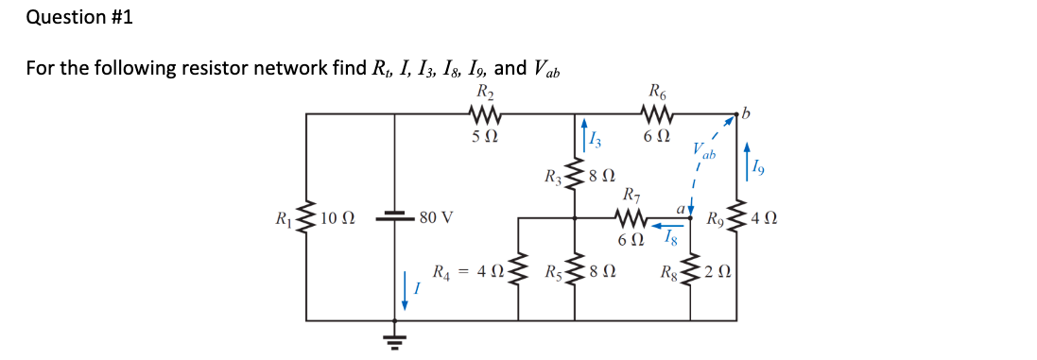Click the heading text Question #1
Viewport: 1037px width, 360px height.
coord(65,17)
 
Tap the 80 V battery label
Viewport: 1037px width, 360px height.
coord(435,218)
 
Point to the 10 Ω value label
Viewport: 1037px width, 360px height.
coord(337,218)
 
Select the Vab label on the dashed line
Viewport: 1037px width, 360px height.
coord(704,151)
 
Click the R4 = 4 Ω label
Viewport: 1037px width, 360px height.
coord(467,272)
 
